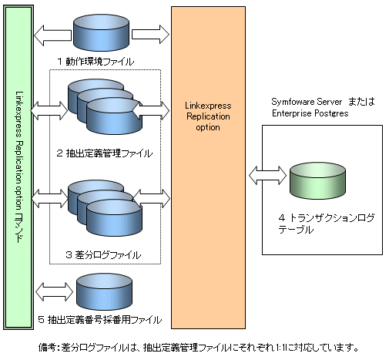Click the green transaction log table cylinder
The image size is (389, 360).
[317, 180]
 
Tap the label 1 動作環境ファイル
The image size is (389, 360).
[96, 62]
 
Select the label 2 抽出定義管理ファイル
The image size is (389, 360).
[105, 153]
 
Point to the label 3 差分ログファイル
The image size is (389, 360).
[103, 255]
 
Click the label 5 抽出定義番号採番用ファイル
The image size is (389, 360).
[100, 320]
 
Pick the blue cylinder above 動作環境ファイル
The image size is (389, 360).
[101, 32]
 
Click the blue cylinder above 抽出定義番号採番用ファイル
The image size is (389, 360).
[104, 291]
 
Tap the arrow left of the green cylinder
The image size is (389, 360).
[267, 176]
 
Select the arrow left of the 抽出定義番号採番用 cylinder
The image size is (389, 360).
[54, 292]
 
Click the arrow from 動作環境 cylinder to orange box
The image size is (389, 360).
[150, 34]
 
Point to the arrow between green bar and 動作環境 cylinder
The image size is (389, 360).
[52, 35]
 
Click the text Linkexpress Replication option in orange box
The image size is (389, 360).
[208, 116]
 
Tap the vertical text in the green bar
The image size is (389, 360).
[19, 167]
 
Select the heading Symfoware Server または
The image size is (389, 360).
[323, 102]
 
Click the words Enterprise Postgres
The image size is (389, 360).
[310, 113]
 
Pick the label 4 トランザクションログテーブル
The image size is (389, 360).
[326, 224]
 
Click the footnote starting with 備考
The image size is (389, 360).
[199, 348]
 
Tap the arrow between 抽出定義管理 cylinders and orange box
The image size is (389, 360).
[151, 111]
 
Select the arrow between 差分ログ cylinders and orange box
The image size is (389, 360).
[152, 198]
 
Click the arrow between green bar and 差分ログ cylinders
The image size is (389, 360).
[49, 198]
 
